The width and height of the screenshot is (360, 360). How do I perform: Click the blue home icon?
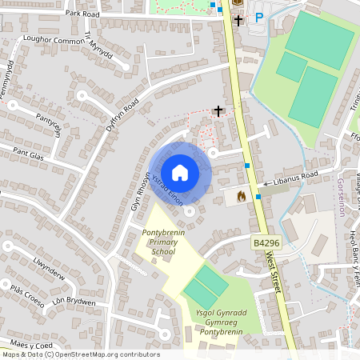point(180,173)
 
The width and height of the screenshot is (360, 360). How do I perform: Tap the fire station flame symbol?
point(242,194)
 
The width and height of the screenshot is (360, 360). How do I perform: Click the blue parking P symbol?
point(258,17)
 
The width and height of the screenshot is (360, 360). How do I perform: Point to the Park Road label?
point(82,14)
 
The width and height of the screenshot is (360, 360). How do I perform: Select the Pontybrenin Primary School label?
point(158,241)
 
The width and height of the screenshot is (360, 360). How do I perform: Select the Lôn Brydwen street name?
point(74,302)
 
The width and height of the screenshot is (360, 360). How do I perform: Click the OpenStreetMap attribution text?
point(81,354)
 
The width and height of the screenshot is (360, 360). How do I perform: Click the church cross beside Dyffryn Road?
point(218,110)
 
